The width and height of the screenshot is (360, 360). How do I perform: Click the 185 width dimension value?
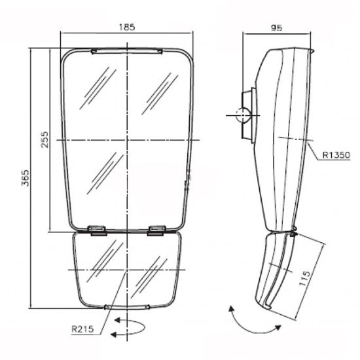pyautogui.click(x=127, y=27)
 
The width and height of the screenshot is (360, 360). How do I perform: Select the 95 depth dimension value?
pyautogui.click(x=276, y=27)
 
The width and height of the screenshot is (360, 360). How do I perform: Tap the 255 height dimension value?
pyautogui.click(x=45, y=139)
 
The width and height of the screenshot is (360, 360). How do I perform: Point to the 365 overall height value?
pyautogui.click(x=26, y=178)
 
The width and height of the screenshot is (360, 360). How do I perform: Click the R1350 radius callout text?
pyautogui.click(x=336, y=155)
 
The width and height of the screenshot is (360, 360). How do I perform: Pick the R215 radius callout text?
pyautogui.click(x=82, y=329)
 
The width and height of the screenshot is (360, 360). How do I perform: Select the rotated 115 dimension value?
pyautogui.click(x=304, y=278)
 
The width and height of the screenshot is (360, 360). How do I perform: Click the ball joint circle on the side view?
pyautogui.click(x=243, y=115)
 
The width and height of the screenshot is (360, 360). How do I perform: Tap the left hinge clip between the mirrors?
pyautogui.click(x=98, y=230)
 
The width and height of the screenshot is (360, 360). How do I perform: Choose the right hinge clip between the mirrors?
pyautogui.click(x=157, y=230)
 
